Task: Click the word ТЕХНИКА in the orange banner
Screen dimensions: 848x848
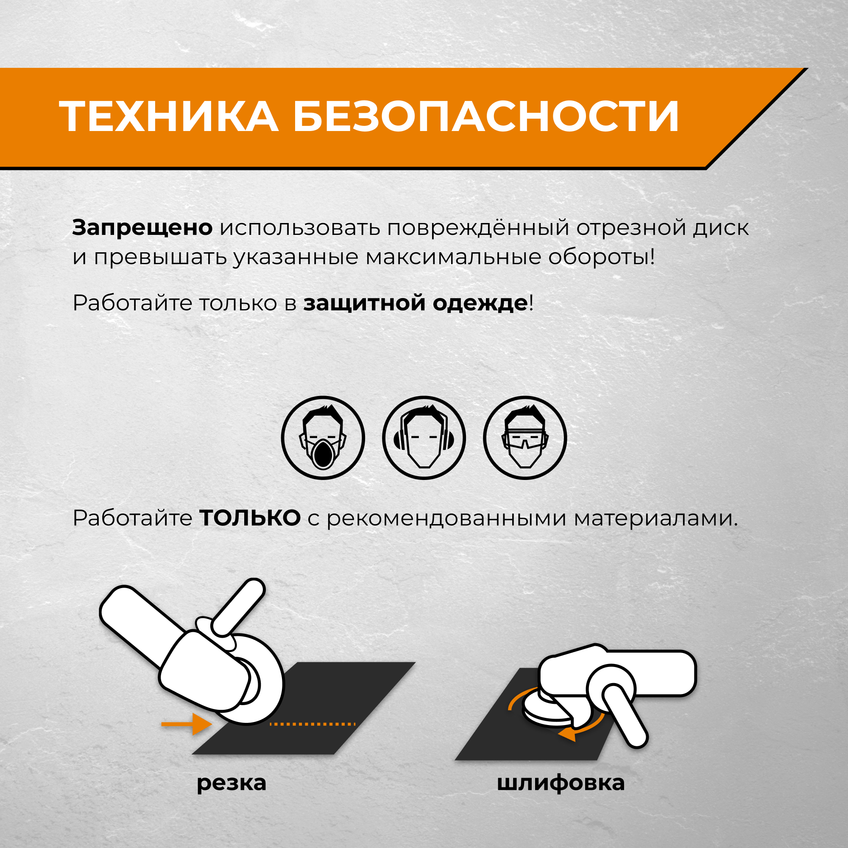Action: coord(169,116)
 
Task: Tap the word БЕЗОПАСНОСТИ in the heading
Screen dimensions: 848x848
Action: coord(486,116)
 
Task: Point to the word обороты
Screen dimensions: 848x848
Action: coord(601,257)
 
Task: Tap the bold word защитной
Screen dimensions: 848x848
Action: coord(364,303)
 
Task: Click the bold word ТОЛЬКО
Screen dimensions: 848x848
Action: coord(250,519)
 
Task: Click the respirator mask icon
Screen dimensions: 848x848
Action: coord(323,438)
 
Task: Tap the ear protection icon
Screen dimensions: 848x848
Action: coord(424,438)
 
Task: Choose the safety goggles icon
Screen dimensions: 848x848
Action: coord(524,438)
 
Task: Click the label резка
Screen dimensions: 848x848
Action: coord(232,783)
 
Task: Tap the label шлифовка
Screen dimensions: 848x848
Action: coord(561,783)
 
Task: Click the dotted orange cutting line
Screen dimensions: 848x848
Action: coord(312,724)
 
